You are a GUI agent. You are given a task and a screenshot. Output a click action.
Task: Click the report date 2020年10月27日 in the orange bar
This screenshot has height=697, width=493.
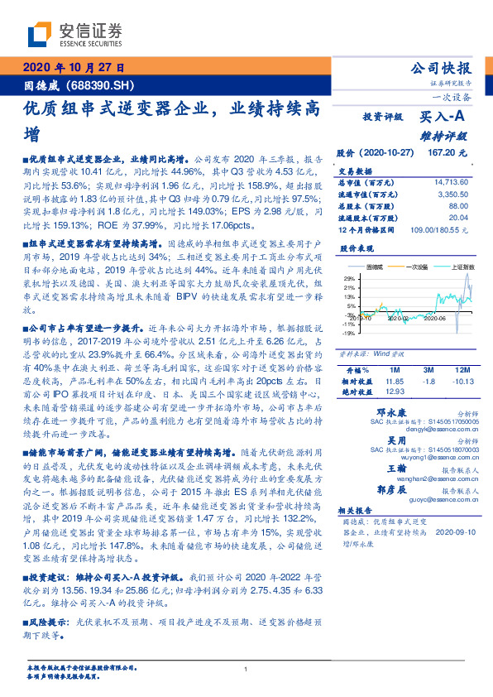[72, 67]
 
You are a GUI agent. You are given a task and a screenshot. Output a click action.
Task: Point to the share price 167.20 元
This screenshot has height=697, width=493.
[447, 153]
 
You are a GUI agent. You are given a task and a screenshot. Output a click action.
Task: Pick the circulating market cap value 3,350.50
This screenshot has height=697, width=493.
[453, 194]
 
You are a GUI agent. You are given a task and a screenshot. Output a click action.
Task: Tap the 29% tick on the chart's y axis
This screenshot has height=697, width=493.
[348, 278]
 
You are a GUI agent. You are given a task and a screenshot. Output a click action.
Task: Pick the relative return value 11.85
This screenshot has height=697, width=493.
[393, 379]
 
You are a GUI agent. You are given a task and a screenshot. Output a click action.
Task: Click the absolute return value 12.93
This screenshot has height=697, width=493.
[393, 391]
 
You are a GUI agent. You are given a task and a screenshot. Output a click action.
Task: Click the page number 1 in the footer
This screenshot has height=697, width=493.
[247, 670]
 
